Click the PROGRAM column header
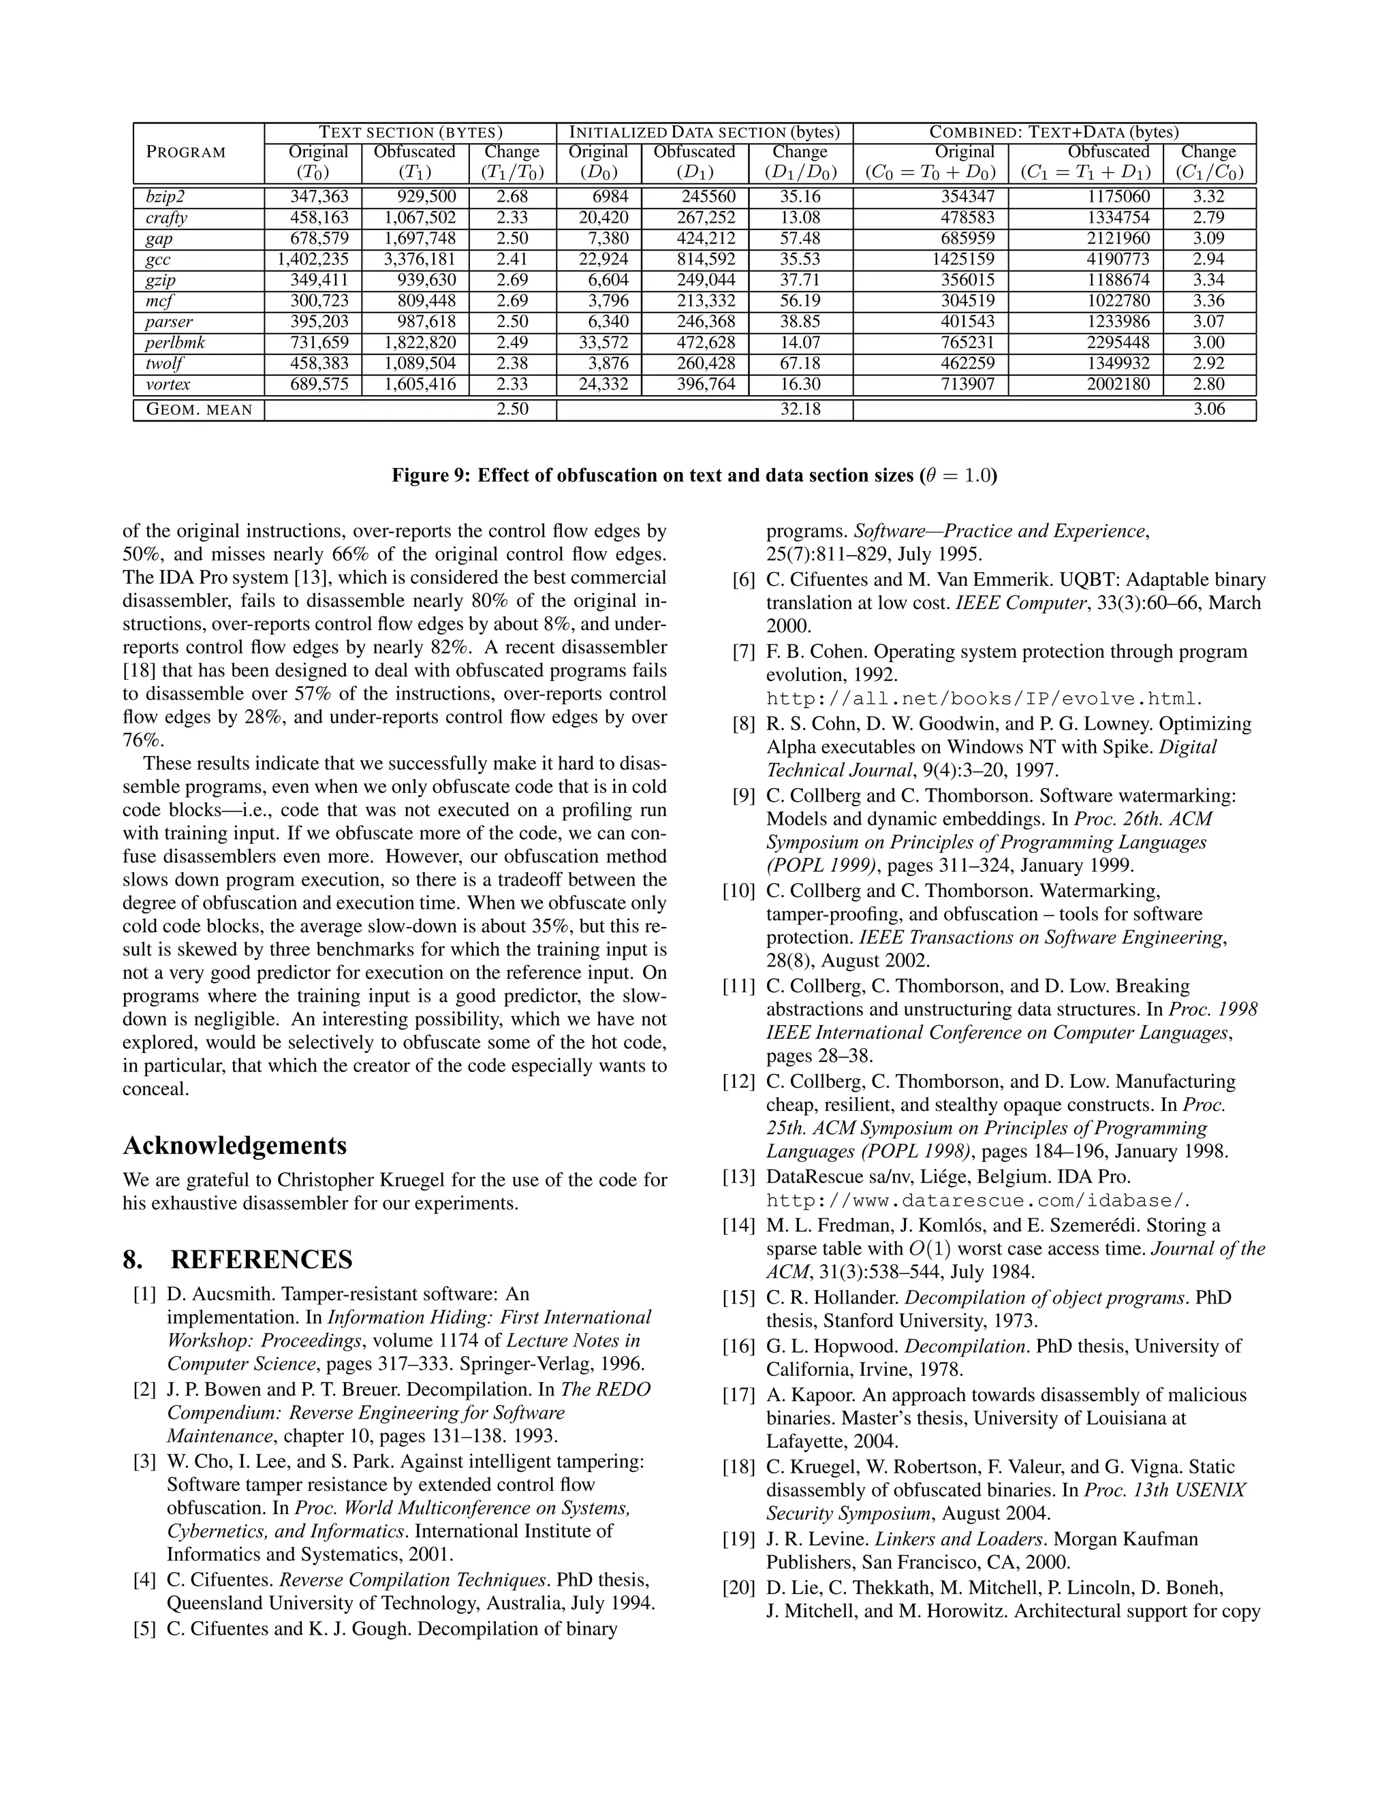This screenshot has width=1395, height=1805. (186, 153)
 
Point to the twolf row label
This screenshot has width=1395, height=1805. (163, 364)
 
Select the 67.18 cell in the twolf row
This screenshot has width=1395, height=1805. (799, 364)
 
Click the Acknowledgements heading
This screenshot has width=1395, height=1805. (235, 1146)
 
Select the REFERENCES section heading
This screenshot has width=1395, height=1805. (261, 1259)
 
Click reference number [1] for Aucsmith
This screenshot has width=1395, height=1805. (144, 1294)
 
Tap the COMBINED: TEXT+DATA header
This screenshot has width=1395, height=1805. (1054, 132)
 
